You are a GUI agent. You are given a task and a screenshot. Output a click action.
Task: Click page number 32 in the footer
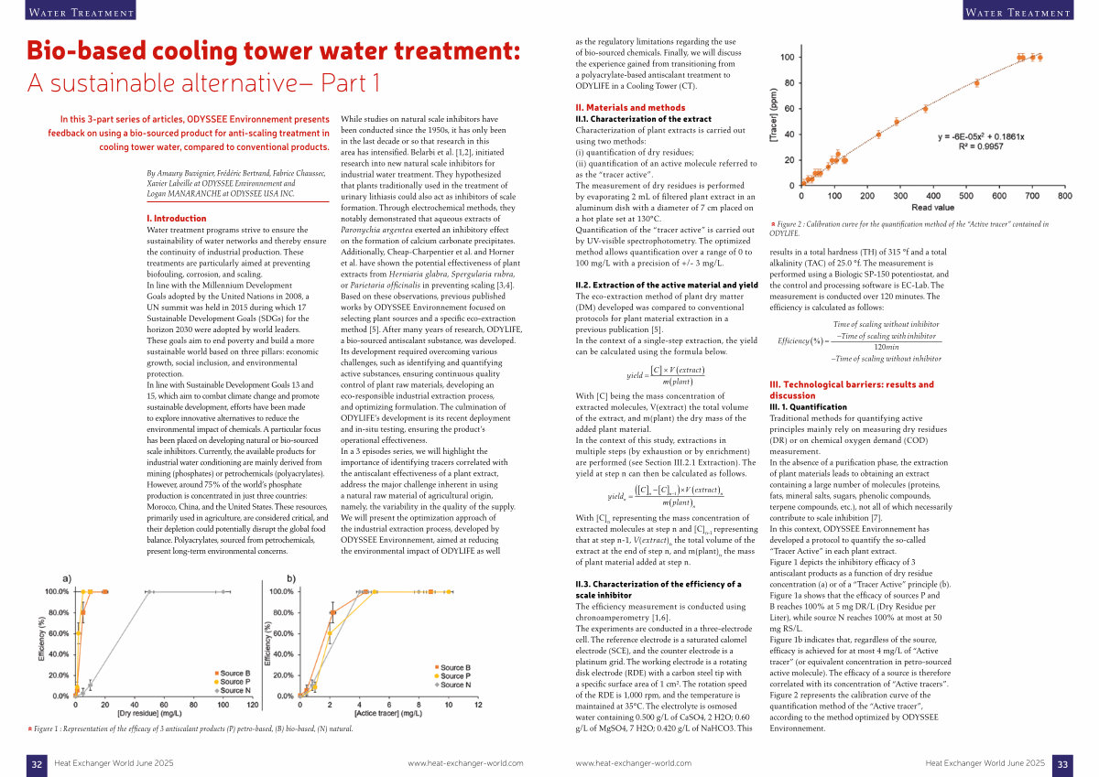[37, 764]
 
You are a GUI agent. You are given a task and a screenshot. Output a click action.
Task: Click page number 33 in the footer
[1062, 764]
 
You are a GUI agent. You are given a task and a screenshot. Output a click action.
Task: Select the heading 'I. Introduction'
[177, 219]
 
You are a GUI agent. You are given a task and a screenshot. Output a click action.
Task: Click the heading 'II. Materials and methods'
[630, 108]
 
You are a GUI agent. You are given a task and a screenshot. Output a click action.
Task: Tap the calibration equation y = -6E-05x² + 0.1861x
[981, 136]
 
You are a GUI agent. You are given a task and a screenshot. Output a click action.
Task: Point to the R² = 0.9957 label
[981, 146]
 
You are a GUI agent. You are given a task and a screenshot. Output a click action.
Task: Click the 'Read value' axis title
[932, 208]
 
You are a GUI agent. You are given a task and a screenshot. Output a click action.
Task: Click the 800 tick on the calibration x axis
[1064, 196]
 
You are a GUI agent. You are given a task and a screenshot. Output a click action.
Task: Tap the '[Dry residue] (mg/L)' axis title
[149, 713]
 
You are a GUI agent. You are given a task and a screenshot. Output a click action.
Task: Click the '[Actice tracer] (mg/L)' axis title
[388, 713]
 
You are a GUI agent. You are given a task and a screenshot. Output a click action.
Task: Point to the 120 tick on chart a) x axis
[253, 705]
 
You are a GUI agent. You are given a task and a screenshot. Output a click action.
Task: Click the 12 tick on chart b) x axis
[478, 705]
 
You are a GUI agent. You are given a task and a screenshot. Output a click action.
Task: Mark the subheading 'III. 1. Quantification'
[808, 407]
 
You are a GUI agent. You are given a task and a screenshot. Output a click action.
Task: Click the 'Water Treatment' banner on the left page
[81, 11]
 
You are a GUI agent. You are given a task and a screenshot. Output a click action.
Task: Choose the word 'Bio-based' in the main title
[86, 51]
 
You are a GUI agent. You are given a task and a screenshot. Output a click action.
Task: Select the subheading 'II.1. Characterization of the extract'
[643, 119]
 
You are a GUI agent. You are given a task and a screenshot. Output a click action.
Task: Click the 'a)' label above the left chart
[67, 579]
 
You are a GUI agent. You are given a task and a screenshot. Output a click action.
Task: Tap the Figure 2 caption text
[909, 229]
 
